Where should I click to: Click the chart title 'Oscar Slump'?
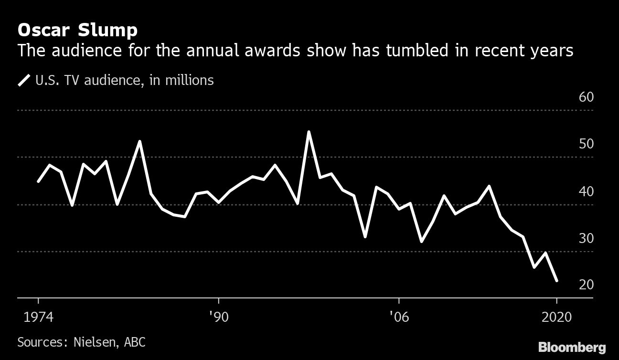77,31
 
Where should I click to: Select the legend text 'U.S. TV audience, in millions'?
124,80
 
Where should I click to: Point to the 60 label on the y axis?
586,97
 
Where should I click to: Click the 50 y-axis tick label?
586,144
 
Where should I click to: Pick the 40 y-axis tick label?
586,191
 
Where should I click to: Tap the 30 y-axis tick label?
586,238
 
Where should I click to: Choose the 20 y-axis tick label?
586,285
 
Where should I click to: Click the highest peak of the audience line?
309,132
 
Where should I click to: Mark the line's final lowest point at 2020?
556,281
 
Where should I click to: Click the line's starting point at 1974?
38,181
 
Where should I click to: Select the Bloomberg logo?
572,347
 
